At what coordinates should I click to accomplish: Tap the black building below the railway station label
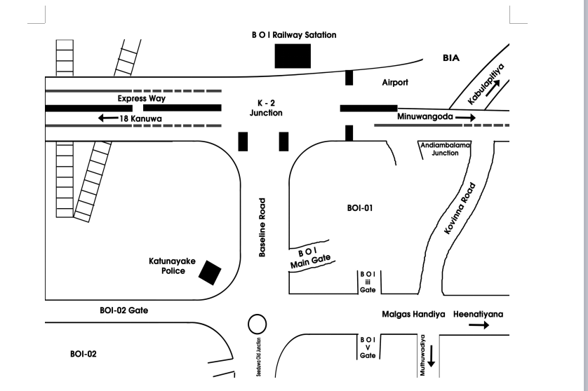point(293,55)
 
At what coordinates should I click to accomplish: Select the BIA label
point(450,58)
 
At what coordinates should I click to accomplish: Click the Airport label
point(394,82)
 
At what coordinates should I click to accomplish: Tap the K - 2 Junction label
point(266,107)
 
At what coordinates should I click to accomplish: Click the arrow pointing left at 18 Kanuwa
point(109,118)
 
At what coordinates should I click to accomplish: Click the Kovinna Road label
point(460,209)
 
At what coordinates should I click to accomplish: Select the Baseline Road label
point(262,231)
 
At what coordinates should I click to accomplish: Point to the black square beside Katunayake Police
point(209,273)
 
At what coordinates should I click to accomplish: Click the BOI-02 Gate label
point(123,309)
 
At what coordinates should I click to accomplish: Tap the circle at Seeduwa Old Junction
point(258,324)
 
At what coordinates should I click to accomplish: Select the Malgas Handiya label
point(413,314)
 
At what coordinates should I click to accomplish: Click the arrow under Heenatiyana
point(479,325)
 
